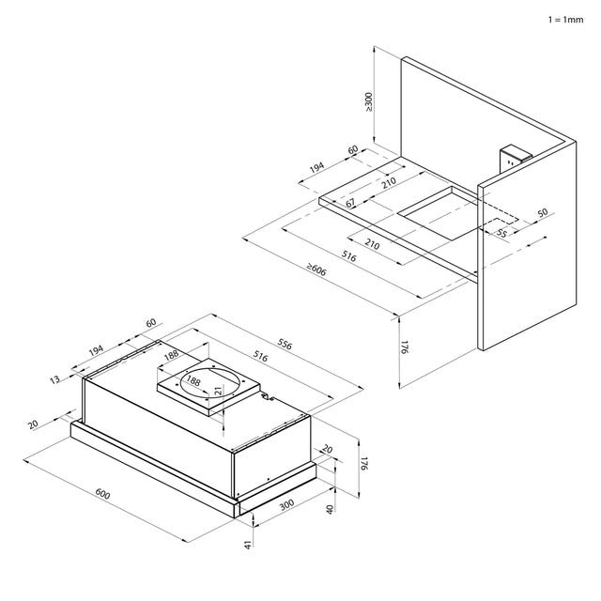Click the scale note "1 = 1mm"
click(x=565, y=20)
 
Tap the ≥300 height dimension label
click(x=369, y=102)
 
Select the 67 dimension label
click(x=350, y=203)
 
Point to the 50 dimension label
click(x=543, y=212)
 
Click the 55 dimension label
click(x=501, y=233)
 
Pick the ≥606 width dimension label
click(x=316, y=270)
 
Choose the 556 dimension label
click(x=285, y=345)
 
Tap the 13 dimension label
click(x=54, y=379)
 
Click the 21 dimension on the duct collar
click(x=218, y=391)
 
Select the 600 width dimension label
click(x=102, y=494)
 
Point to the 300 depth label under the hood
click(x=286, y=505)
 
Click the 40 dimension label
click(x=330, y=509)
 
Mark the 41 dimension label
click(x=248, y=545)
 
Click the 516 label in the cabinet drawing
click(x=349, y=256)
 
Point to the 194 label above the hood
click(x=96, y=350)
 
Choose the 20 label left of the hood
click(x=34, y=424)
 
